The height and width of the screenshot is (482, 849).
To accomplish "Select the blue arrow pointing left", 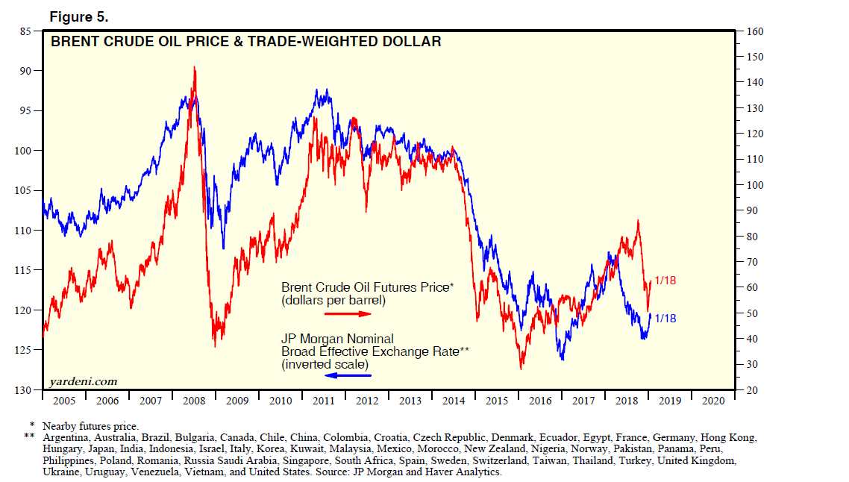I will click(x=348, y=375).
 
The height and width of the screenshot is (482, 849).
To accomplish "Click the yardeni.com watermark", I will click(x=83, y=382).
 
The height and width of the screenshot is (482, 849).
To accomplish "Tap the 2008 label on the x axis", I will click(x=194, y=401).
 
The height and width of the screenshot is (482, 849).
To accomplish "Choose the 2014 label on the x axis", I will click(x=454, y=401).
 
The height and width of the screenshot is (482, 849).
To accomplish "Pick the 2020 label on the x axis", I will click(x=713, y=401).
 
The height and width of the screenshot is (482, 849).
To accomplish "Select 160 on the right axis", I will click(x=752, y=31).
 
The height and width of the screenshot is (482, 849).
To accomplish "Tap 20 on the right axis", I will click(x=749, y=390).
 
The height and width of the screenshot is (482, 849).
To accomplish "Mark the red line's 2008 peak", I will click(x=195, y=67).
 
